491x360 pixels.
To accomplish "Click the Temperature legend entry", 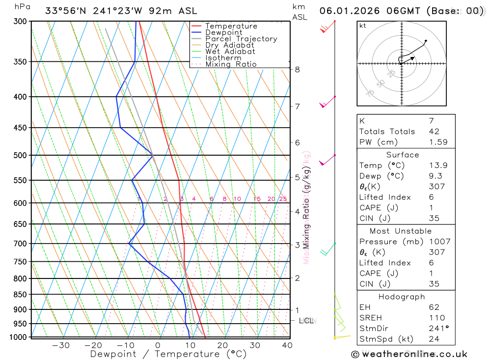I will point(231,26).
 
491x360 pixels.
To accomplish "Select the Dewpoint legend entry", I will point(223,32).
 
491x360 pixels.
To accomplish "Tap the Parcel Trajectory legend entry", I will point(241,39).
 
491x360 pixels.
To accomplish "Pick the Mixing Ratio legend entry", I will point(231,64).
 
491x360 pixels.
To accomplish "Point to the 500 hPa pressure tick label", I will point(20,155).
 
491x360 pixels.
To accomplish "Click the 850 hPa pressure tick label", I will point(20,295).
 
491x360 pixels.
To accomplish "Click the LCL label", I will point(306,321).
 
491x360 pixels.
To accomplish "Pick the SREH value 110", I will point(436,318).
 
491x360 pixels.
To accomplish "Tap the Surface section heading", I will point(402,155).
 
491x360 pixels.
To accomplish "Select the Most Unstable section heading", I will point(401,231).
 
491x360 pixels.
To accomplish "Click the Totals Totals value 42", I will point(434,131).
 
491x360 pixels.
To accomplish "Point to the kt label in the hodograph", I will point(363,26).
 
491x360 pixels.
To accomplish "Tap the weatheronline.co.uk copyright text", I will point(409,354).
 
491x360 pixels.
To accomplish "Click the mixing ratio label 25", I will point(283,199).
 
